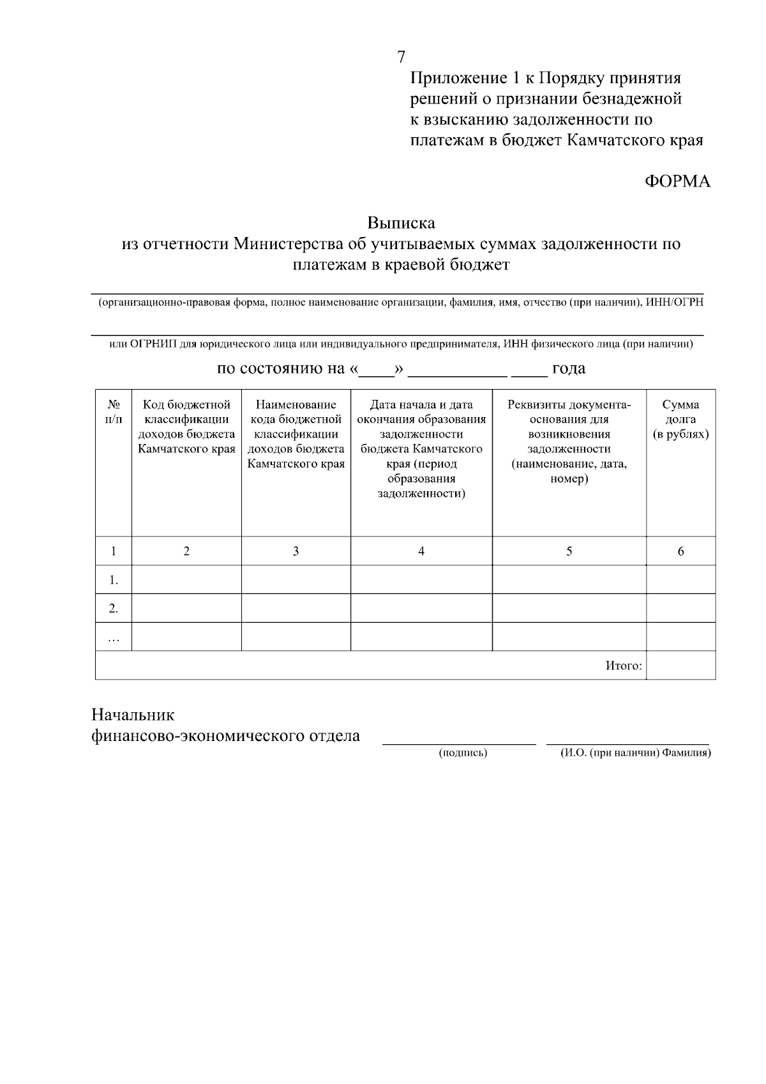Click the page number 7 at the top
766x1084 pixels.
(x=401, y=57)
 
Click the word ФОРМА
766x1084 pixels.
(x=677, y=182)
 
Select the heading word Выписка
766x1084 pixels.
(x=401, y=223)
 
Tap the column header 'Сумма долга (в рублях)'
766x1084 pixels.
(x=680, y=420)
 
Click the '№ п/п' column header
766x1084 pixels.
(x=114, y=412)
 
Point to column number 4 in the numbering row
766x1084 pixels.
(x=421, y=551)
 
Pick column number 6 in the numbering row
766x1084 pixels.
(x=680, y=551)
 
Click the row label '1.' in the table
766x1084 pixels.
(x=114, y=580)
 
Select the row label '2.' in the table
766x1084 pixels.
(x=114, y=609)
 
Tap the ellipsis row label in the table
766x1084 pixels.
(x=114, y=637)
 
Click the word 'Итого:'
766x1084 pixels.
(x=624, y=666)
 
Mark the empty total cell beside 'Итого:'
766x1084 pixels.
(x=680, y=666)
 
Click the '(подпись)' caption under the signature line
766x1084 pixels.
(x=463, y=753)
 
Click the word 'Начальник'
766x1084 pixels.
(x=132, y=714)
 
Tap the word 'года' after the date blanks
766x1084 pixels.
(x=569, y=369)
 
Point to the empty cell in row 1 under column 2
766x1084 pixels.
(x=186, y=580)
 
